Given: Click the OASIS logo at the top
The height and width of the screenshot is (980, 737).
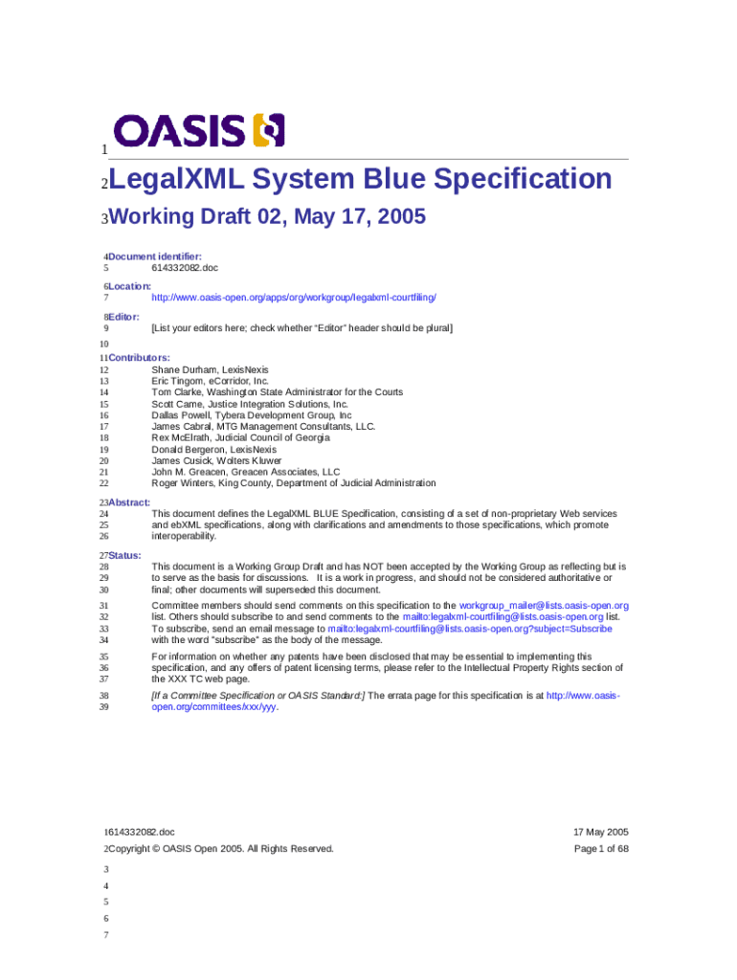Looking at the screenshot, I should [199, 131].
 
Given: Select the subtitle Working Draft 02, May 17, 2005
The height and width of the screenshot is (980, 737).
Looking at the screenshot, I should [268, 218].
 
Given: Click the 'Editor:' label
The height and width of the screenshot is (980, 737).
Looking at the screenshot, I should [124, 316].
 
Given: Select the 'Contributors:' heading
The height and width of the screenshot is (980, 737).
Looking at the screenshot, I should [139, 357].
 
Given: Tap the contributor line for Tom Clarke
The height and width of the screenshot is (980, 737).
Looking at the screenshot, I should [277, 391].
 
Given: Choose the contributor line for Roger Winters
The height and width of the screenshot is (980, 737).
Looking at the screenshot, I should [293, 483].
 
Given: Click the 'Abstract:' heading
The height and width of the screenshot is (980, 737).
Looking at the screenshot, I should [129, 501].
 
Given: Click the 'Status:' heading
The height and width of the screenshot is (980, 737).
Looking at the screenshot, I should [124, 555].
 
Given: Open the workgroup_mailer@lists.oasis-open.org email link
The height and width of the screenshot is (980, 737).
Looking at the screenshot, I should [544, 606].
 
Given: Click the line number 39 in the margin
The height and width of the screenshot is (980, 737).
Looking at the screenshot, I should [103, 707].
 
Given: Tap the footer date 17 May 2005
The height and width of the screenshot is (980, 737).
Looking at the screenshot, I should [599, 832].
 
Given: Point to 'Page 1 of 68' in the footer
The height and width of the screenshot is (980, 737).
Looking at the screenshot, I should [601, 849].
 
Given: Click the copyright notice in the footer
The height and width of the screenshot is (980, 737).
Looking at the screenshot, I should [221, 849].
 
